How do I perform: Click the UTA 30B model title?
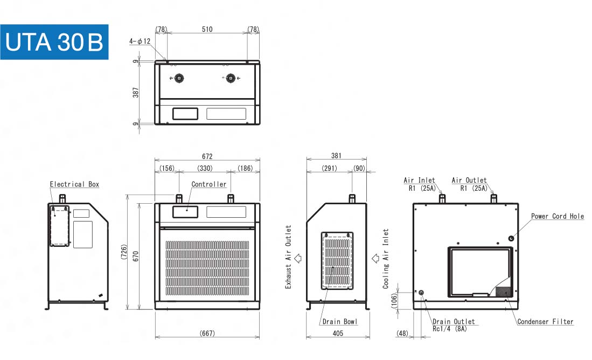[x=54, y=42]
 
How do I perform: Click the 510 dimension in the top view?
[x=207, y=29]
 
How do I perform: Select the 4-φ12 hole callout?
[x=140, y=41]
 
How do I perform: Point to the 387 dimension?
[x=136, y=92]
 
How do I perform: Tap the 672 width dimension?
[x=207, y=156]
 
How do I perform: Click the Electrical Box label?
[x=74, y=184]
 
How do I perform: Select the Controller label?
[x=209, y=184]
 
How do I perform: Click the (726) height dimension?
[x=124, y=253]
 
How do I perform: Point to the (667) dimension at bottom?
[x=207, y=334]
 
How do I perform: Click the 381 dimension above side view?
[x=336, y=156]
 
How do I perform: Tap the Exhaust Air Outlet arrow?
[x=298, y=258]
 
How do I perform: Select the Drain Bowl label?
[x=339, y=322]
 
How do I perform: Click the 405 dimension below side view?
[x=338, y=334]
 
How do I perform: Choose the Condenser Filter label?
[x=545, y=322]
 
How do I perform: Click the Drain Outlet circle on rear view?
[x=421, y=292]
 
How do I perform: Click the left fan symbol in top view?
[x=179, y=78]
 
